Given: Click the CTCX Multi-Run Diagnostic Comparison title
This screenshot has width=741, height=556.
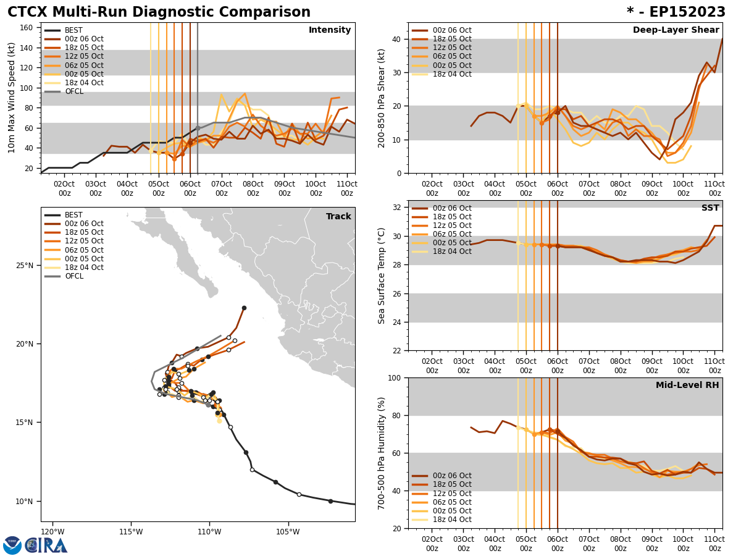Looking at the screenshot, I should [x=159, y=12].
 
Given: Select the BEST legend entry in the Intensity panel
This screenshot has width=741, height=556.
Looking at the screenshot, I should [x=73, y=30].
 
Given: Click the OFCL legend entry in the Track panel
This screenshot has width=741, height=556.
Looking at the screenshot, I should [x=73, y=276].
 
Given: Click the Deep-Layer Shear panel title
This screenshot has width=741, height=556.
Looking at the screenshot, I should [x=676, y=30].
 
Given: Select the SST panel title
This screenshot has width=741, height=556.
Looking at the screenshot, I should [x=710, y=208].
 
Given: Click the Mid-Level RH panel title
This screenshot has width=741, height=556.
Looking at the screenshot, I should [x=687, y=385].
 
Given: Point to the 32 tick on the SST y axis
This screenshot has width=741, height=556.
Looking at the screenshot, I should [x=398, y=208].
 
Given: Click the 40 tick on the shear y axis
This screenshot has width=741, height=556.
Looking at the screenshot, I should [x=398, y=39].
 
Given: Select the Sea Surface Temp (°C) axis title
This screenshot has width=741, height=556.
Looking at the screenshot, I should [x=382, y=276].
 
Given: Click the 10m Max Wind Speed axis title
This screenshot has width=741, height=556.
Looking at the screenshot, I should [x=12, y=98].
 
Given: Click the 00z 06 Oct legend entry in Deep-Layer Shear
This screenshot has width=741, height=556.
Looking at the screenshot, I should [x=451, y=30].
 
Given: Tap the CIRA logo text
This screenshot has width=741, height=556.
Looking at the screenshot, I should [x=46, y=545].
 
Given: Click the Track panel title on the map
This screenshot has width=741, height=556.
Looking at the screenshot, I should [x=338, y=216].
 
